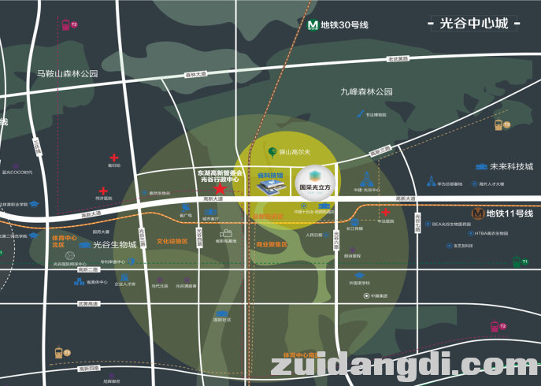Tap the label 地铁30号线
click(x=344, y=25)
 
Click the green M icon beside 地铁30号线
click(x=312, y=24)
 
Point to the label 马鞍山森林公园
click(x=67, y=73)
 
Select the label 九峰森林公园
click(x=366, y=92)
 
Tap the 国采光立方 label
click(x=315, y=188)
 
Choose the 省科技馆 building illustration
click(x=271, y=186)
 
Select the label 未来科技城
click(x=511, y=167)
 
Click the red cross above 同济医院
click(x=103, y=191)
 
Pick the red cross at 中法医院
click(x=385, y=213)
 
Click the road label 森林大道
click(x=195, y=75)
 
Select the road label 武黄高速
click(x=87, y=303)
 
